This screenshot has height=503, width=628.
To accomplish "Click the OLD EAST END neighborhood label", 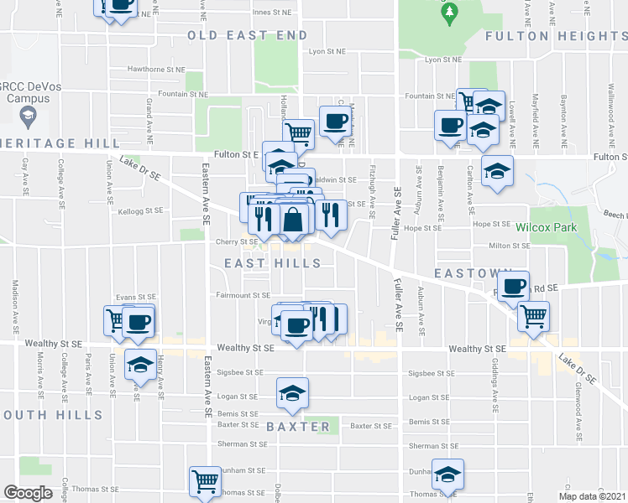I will (248, 35).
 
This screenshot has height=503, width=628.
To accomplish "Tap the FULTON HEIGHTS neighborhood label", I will (556, 35).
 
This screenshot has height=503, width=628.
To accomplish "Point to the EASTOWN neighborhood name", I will (473, 274).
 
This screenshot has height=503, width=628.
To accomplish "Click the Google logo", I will (28, 493).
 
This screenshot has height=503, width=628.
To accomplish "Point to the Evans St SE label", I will (137, 297).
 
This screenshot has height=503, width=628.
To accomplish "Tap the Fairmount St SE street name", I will (243, 295).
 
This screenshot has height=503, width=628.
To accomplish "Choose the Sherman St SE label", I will (243, 443).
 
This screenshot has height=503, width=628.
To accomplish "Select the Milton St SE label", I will (511, 246).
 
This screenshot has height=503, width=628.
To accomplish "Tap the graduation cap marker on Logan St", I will (292, 392).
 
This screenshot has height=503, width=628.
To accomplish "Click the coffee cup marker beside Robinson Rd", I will (513, 286).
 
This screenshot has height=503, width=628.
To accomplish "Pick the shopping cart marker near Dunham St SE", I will (205, 481).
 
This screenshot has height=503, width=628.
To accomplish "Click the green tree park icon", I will (450, 12).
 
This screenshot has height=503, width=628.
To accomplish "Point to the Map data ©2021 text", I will (593, 496).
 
